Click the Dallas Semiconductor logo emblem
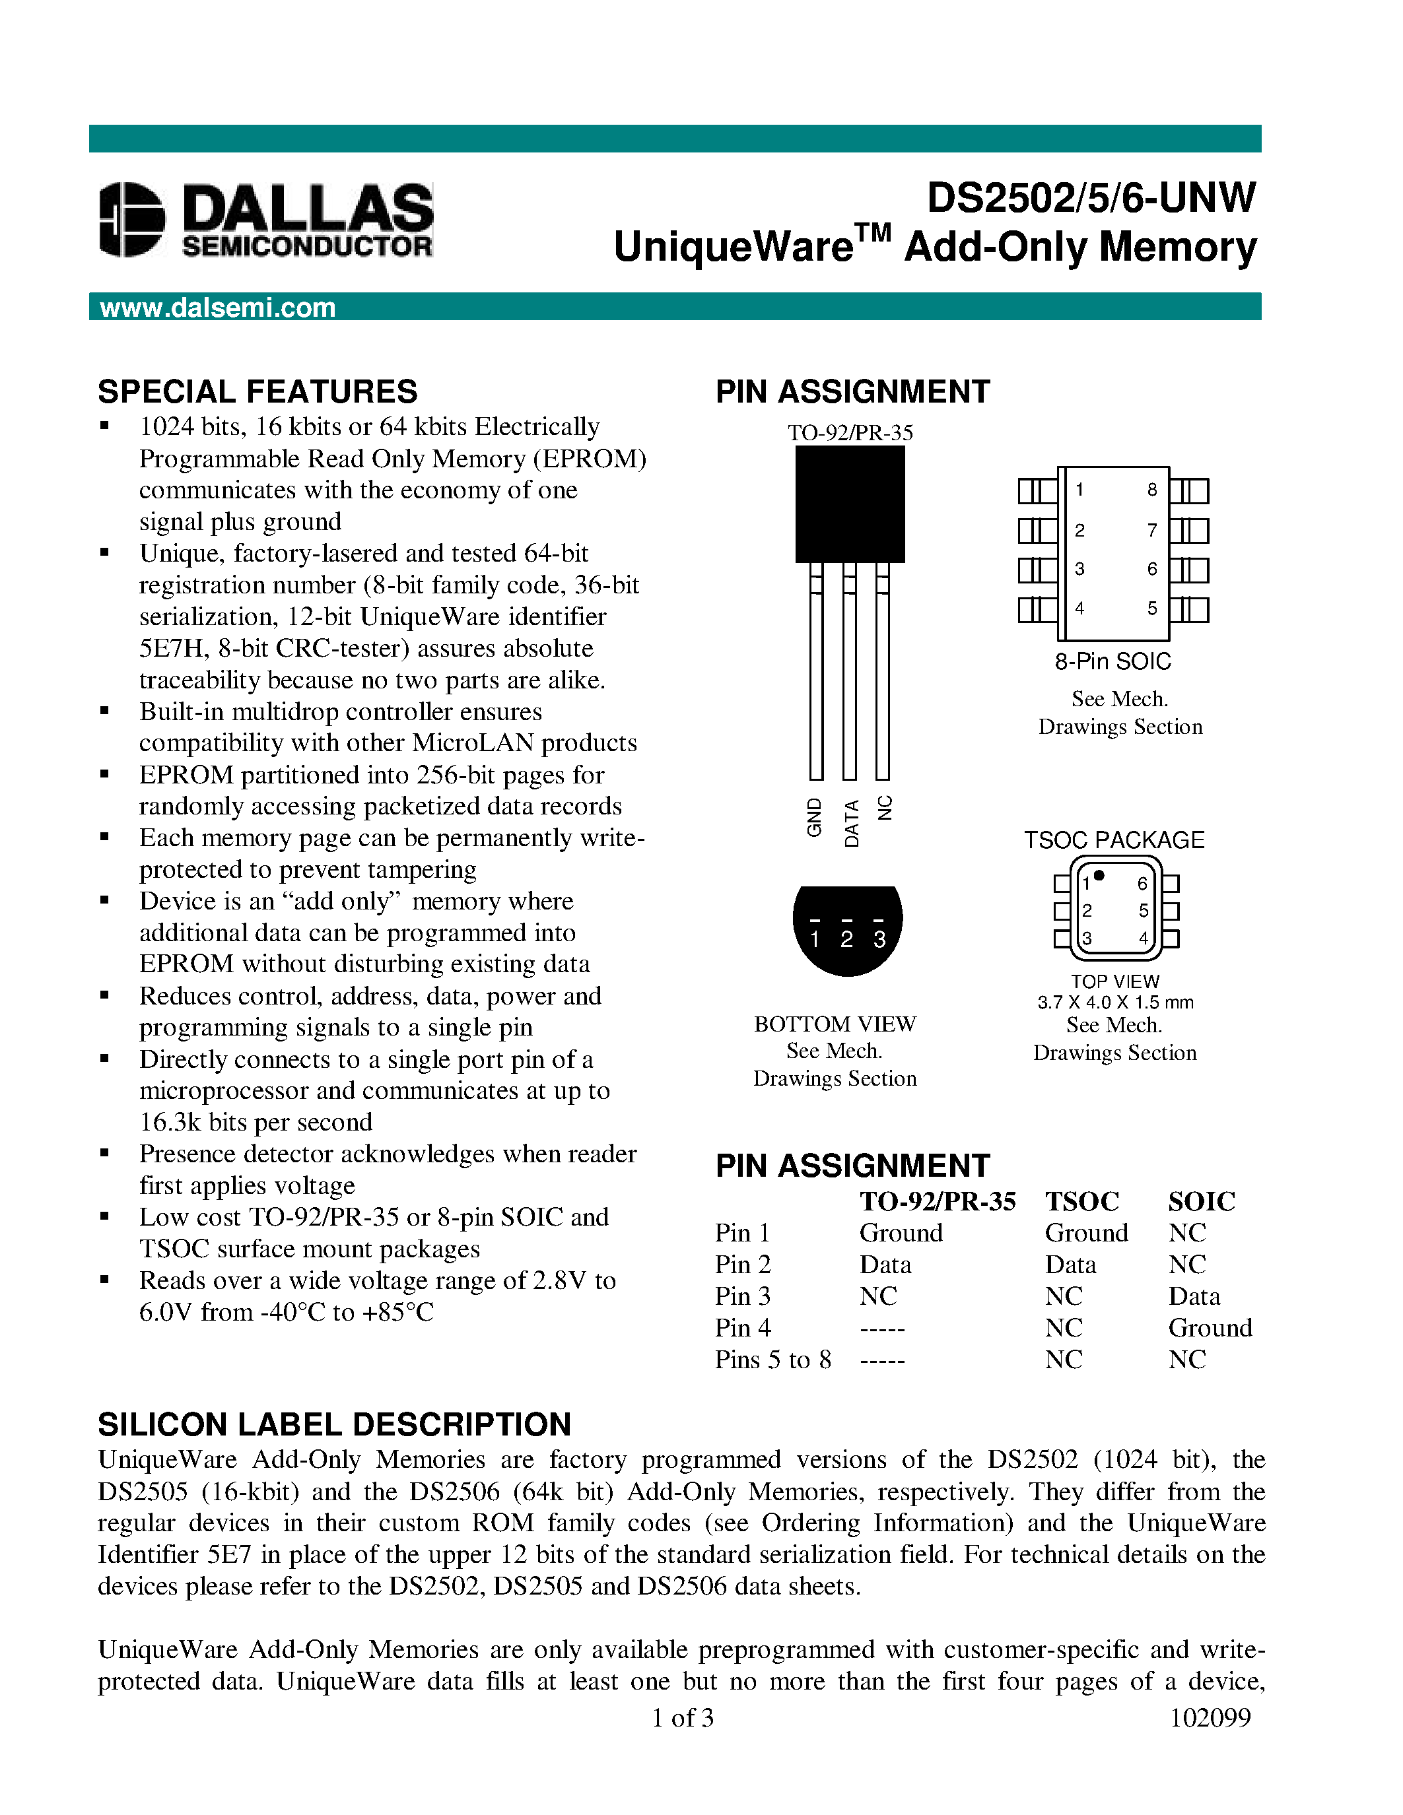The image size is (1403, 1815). click(131, 219)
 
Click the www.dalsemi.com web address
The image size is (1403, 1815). click(218, 308)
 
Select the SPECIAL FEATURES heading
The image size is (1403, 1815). click(257, 391)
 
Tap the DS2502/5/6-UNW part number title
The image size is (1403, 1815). click(1091, 198)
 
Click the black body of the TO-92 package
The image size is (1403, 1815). click(850, 504)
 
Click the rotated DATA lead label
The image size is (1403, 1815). click(851, 823)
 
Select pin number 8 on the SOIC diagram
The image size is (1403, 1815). click(1152, 490)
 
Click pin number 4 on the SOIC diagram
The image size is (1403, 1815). click(1079, 609)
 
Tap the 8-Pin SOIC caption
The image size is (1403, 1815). click(1113, 661)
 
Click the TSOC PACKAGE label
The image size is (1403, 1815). click(1114, 840)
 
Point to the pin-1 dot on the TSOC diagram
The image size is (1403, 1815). click(1099, 875)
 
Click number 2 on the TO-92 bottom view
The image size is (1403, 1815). click(846, 939)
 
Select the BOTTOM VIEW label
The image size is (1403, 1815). click(835, 1024)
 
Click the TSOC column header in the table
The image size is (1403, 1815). click(1081, 1201)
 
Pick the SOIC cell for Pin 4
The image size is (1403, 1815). click(1210, 1327)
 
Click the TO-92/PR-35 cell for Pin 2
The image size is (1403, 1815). click(885, 1264)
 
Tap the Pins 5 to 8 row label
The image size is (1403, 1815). click(772, 1359)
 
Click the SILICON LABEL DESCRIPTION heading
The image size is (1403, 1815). click(334, 1424)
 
